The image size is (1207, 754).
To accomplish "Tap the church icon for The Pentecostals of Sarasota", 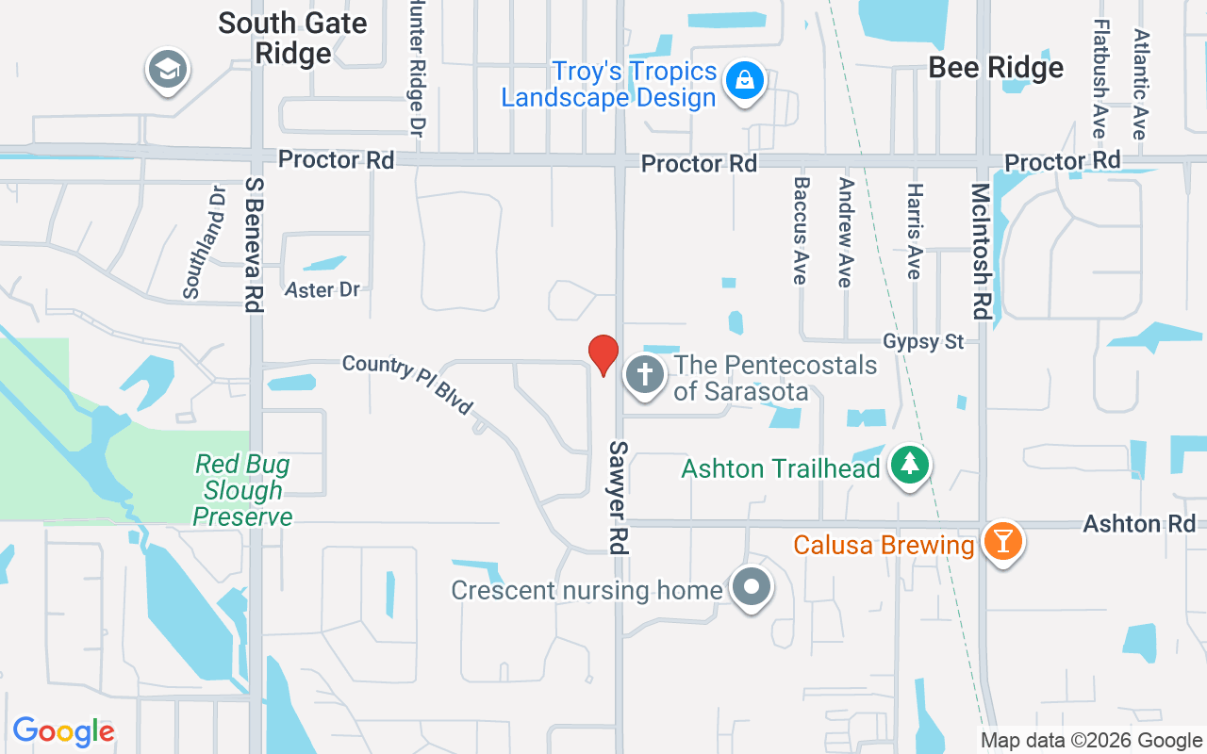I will (x=645, y=375).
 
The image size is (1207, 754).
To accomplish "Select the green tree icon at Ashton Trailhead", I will (x=910, y=466).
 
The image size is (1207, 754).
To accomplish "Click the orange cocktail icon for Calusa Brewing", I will (x=1002, y=542).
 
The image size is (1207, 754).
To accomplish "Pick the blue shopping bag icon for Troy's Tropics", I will (x=744, y=82).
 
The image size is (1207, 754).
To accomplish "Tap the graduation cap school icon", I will (x=169, y=70).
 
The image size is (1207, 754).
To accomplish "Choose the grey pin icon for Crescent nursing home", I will (x=751, y=587).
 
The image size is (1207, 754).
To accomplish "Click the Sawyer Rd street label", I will (x=619, y=497).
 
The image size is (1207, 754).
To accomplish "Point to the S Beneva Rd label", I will (x=252, y=244).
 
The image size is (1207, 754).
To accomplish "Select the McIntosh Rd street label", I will (x=981, y=252).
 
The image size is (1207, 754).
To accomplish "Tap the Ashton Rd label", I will (x=1139, y=524).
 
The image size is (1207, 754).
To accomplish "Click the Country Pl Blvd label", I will (x=407, y=384).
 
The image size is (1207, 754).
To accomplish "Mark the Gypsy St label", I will (x=923, y=341).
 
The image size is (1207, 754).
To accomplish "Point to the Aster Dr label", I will (x=322, y=289).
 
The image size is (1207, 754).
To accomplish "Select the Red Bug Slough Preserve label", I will (x=242, y=490).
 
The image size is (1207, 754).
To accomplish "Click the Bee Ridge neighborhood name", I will (x=996, y=68).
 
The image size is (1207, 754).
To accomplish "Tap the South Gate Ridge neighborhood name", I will (x=292, y=38).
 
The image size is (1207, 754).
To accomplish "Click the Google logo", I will (x=64, y=731).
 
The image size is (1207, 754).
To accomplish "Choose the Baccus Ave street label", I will (x=801, y=231).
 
